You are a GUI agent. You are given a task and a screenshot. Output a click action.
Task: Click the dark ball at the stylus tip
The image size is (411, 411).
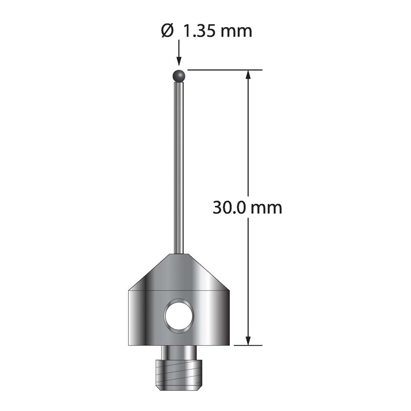coord(179,76)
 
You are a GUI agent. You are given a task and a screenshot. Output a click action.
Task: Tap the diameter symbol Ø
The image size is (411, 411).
coord(167,31)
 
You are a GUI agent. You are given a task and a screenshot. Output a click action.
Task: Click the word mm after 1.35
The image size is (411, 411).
coord(236,32)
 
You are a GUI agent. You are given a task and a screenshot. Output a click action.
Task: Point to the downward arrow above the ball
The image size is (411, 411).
coord(179,53)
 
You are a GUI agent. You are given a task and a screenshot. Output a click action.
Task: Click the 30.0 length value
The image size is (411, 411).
coord(229,208)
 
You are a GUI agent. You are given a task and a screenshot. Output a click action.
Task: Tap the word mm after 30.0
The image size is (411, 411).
coord(266,209)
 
